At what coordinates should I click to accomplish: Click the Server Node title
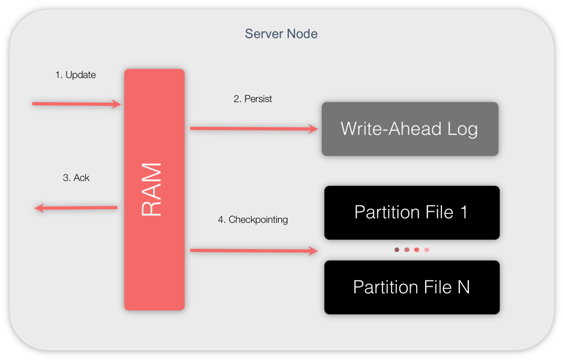click(x=281, y=34)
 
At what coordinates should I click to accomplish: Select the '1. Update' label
click(x=76, y=75)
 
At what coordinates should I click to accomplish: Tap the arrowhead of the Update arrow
click(x=117, y=104)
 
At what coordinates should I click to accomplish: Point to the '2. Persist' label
click(x=252, y=99)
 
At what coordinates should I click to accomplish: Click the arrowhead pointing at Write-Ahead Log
click(x=313, y=128)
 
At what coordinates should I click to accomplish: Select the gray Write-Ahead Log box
click(x=410, y=129)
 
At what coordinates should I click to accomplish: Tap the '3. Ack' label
click(x=76, y=178)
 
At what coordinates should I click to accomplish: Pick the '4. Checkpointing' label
click(x=252, y=220)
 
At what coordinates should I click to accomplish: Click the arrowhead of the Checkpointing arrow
click(x=314, y=251)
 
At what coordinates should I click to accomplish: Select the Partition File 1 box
click(x=411, y=212)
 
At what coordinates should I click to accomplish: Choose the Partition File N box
click(x=411, y=287)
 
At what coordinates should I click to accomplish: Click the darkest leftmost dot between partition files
click(x=397, y=250)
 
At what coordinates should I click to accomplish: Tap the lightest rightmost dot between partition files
click(x=427, y=250)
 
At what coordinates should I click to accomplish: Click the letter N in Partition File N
click(x=463, y=287)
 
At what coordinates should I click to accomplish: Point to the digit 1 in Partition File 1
click(x=463, y=212)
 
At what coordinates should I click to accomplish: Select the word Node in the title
click(x=302, y=34)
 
